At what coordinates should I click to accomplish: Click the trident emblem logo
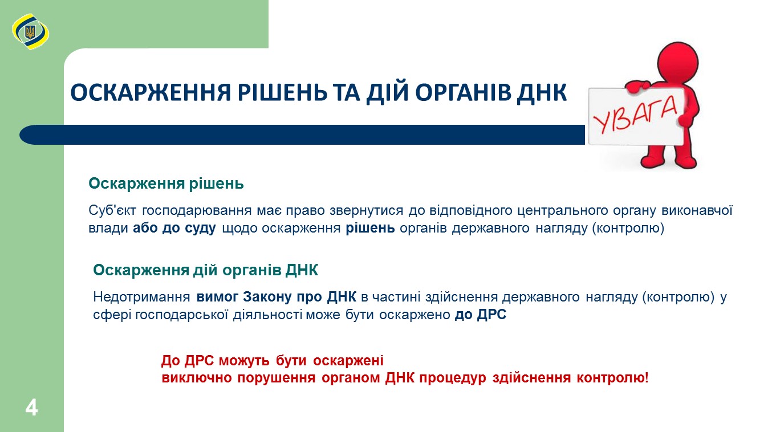click(30, 32)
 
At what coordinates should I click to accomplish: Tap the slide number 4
click(31, 407)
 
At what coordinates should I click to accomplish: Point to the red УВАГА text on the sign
click(635, 115)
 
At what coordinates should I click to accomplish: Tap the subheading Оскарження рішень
click(166, 184)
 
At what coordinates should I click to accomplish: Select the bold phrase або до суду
click(174, 228)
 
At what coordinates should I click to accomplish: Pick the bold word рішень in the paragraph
click(370, 228)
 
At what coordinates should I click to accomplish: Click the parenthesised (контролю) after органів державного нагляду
click(628, 228)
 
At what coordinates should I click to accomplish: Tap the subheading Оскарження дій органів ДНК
click(206, 270)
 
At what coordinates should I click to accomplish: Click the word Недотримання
click(141, 297)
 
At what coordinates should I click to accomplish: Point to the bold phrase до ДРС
click(481, 315)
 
